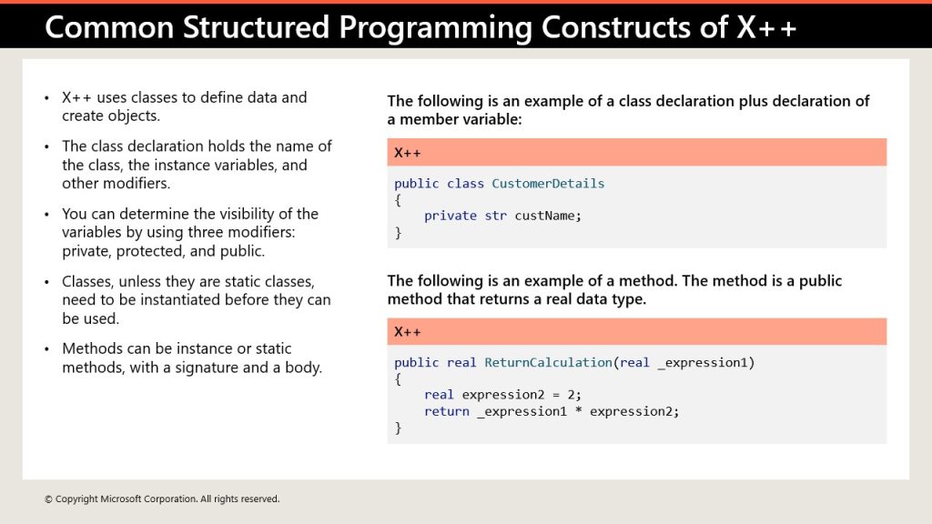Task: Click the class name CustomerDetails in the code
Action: coord(548,184)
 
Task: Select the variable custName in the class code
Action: coord(546,216)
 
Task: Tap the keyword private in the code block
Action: coord(450,216)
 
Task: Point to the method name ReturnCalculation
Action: coord(548,362)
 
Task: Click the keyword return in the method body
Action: coord(446,411)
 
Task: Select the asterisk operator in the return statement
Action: coord(578,410)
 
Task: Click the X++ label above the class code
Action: coord(407,153)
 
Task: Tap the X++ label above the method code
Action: coord(407,331)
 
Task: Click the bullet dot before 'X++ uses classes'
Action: coord(47,98)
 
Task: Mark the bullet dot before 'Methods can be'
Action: coord(47,348)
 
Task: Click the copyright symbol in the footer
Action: coord(48,499)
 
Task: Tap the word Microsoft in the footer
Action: coord(119,499)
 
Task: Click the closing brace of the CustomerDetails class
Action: coord(399,233)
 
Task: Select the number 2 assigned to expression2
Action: coord(571,395)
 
